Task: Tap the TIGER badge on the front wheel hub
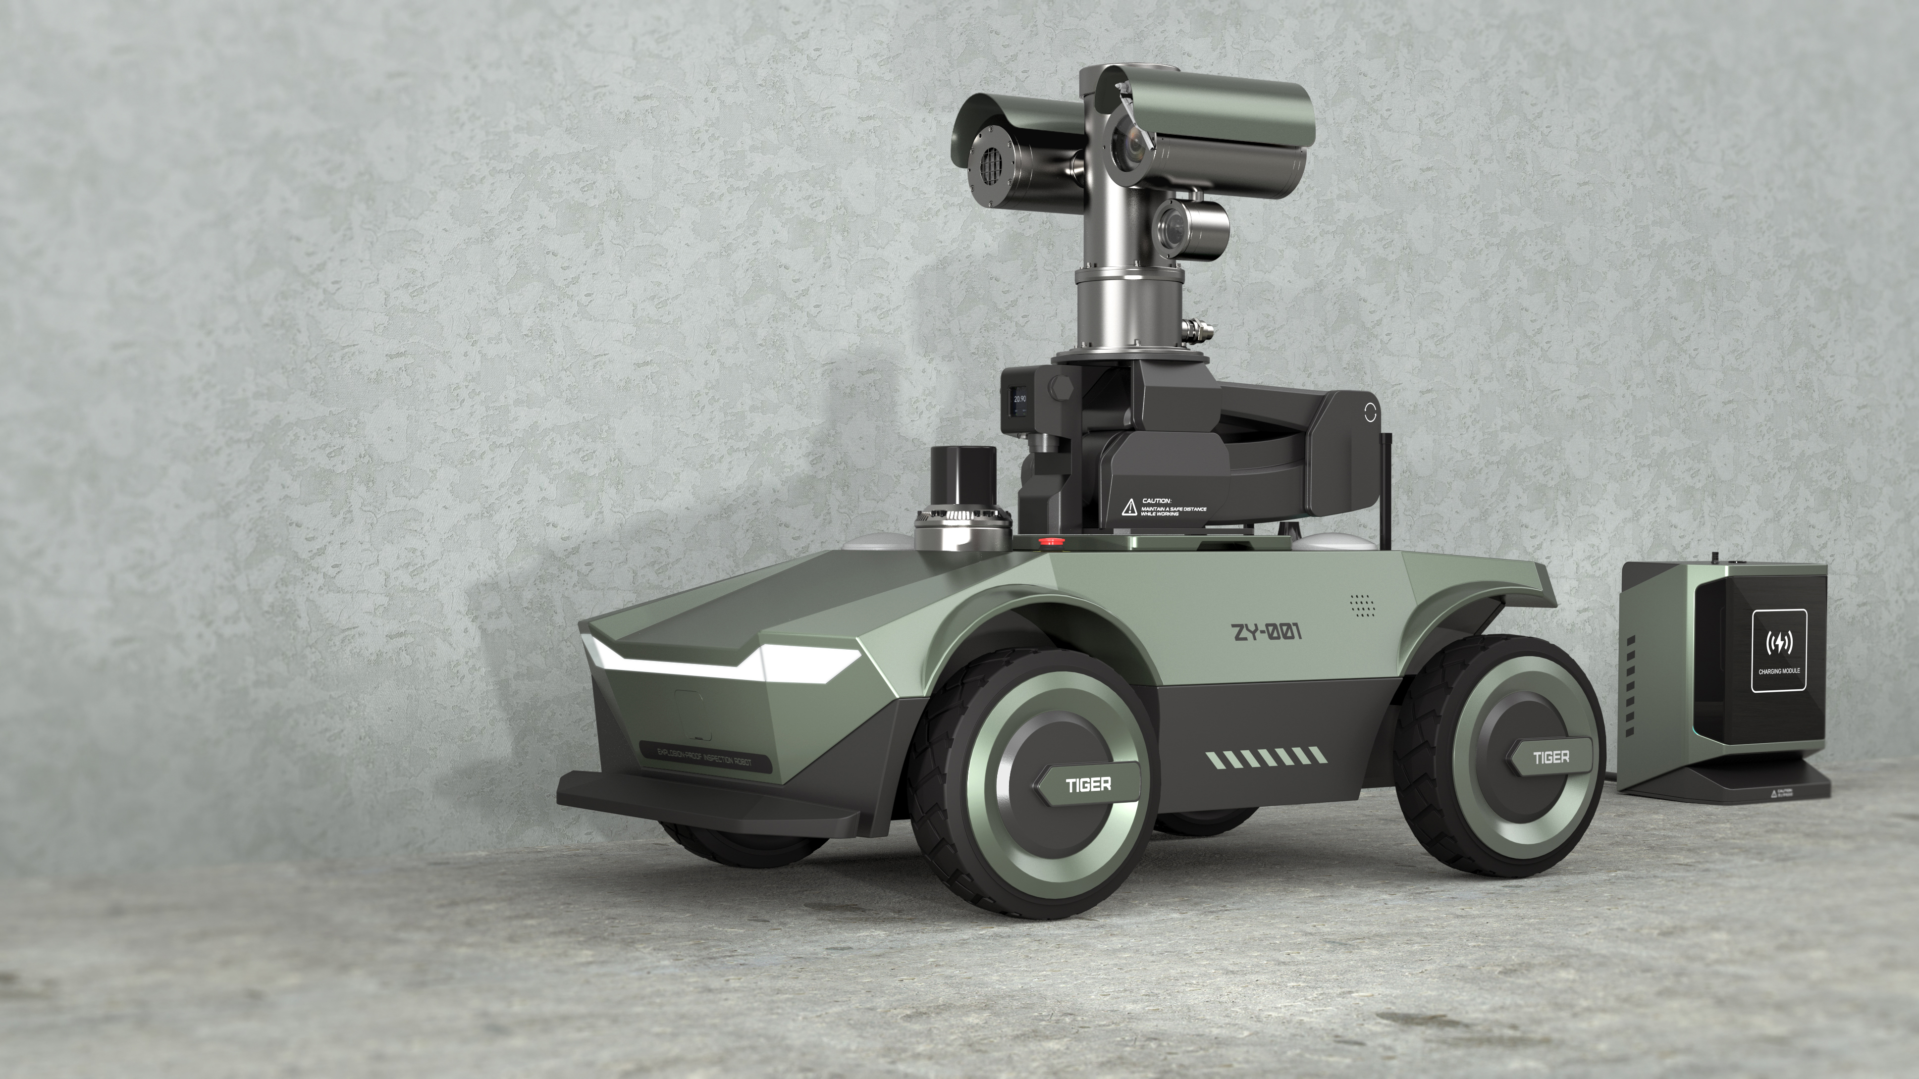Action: point(1088,783)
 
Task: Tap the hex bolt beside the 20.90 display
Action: point(1062,389)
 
